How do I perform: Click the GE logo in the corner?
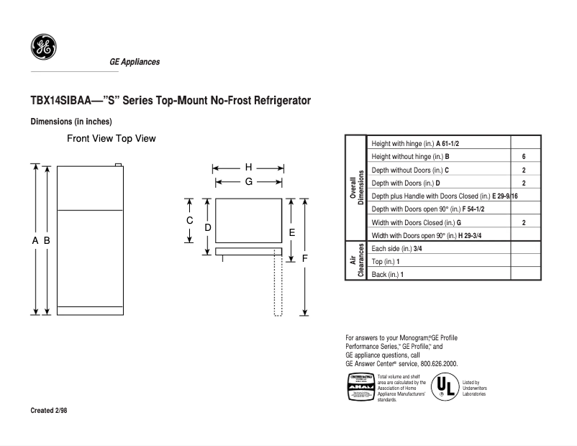(x=44, y=47)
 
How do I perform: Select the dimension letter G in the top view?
(x=248, y=182)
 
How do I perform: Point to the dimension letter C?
(x=190, y=220)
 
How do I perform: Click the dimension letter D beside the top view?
(x=208, y=227)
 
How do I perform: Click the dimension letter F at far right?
(x=305, y=257)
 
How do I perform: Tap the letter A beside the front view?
(x=35, y=241)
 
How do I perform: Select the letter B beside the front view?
(x=47, y=241)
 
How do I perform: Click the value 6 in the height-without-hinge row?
(x=524, y=157)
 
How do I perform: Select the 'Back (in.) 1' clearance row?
(x=388, y=275)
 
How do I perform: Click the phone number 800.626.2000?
(x=435, y=364)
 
